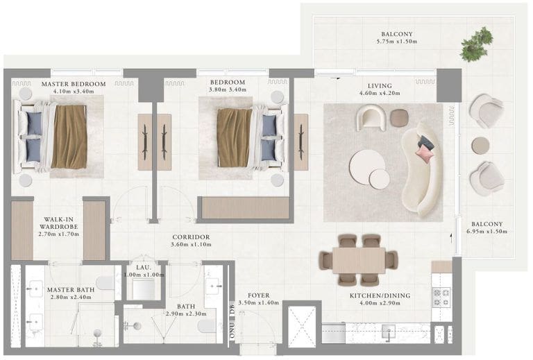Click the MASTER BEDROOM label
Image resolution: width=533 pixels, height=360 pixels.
tap(74, 84)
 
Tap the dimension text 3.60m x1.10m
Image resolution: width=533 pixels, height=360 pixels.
tap(191, 244)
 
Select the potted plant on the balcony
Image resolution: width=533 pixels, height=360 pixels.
tap(477, 45)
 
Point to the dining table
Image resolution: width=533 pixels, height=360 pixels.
tap(359, 260)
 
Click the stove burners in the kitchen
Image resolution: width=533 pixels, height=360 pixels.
tap(441, 297)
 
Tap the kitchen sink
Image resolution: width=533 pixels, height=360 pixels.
tap(388, 331)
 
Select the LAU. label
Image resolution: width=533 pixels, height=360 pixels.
tap(144, 267)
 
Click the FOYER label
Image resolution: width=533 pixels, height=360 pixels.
tap(259, 295)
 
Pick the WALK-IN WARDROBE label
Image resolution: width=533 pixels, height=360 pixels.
tap(58, 223)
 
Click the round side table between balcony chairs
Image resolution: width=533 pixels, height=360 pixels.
tap(480, 146)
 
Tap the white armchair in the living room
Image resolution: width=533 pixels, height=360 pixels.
tap(371, 117)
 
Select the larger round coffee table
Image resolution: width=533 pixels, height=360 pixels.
tap(367, 166)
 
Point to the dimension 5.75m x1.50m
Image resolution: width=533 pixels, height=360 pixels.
tap(397, 42)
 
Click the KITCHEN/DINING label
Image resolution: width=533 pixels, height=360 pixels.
tap(380, 295)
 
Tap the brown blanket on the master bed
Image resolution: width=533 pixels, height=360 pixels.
tap(69, 137)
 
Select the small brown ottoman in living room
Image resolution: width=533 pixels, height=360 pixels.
tap(399, 118)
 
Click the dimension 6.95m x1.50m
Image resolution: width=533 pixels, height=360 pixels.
tap(487, 231)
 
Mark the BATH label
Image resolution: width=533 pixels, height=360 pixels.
tap(186, 306)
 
